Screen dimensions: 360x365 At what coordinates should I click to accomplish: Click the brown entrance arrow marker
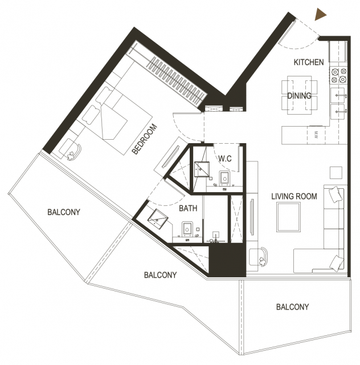pos(320,14)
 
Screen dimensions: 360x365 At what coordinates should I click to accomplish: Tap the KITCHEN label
pos(309,62)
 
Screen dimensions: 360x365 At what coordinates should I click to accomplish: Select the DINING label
pos(299,96)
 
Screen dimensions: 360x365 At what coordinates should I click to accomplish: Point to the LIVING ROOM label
pos(294,196)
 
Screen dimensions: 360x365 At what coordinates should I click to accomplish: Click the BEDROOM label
pos(145,139)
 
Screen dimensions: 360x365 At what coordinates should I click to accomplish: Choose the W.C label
pos(225,159)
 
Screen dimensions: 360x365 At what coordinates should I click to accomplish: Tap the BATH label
pos(188,208)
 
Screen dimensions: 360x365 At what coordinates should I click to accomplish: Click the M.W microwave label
pos(316,135)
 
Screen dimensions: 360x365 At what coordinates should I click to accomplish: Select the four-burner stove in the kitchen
pos(338,75)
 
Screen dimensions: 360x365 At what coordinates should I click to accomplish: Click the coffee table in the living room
pos(288,217)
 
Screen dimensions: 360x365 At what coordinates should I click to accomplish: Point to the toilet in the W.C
pos(224,178)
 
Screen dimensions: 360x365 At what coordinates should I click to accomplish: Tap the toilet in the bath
pos(187,229)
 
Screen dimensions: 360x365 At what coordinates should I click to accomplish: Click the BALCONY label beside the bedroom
pos(64,212)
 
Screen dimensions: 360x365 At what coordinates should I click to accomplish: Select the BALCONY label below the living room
pos(292,307)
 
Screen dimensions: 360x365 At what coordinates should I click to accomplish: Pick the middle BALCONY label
pos(160,275)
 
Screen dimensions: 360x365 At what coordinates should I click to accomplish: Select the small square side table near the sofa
pos(336,173)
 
